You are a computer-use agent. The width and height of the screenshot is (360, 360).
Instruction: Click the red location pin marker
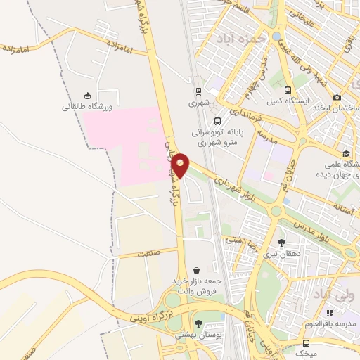click(x=181, y=165)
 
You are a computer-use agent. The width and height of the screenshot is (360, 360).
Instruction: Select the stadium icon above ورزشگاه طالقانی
click(x=87, y=96)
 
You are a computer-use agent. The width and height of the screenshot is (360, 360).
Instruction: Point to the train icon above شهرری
click(x=199, y=91)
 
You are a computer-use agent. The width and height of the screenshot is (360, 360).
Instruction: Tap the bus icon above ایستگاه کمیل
click(x=288, y=90)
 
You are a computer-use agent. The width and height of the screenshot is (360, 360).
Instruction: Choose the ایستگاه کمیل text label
click(x=288, y=101)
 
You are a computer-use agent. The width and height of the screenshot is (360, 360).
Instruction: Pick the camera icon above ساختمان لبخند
click(x=337, y=97)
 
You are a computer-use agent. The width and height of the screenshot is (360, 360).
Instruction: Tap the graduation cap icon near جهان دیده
click(x=346, y=154)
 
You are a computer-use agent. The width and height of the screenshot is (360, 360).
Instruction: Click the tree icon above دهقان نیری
click(x=282, y=243)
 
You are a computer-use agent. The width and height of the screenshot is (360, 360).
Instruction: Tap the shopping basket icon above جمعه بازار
click(x=195, y=269)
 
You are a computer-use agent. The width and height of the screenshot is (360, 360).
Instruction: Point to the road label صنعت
click(x=148, y=253)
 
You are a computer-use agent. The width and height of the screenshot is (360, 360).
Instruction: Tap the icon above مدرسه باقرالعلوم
click(x=330, y=312)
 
